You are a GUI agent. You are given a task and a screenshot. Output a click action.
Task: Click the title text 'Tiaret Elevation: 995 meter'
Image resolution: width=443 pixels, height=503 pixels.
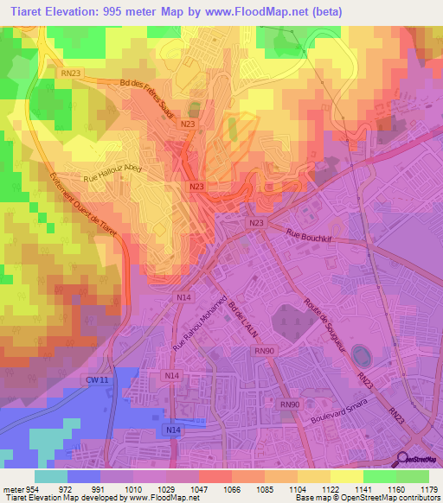pos(87,11)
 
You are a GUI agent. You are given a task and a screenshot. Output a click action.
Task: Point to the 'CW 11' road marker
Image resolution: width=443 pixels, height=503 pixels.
pos(96,379)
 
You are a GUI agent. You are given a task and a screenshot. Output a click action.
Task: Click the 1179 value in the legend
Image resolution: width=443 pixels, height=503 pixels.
pos(428,487)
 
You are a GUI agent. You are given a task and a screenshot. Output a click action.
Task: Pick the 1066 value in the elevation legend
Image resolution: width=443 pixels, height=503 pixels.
pos(233,487)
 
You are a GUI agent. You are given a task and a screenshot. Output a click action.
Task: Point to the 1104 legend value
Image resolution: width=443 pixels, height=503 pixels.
pos(299,487)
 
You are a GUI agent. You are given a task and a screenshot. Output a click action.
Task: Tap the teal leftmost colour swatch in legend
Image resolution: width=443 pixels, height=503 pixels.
pos(50,475)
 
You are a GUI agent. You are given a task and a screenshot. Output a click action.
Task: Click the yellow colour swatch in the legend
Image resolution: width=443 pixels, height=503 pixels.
pos(345,475)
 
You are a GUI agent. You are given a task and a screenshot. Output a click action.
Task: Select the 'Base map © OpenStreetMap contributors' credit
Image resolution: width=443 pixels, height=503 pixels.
pos(367,497)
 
